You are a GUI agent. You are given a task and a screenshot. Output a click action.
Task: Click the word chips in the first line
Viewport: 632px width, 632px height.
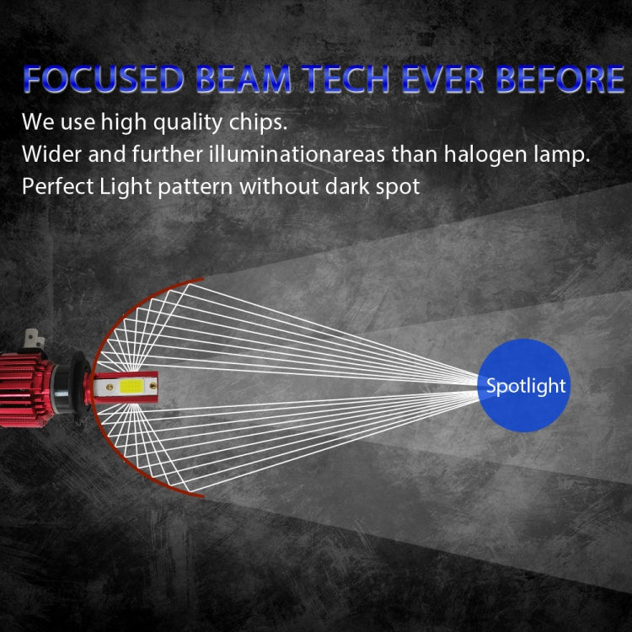256,122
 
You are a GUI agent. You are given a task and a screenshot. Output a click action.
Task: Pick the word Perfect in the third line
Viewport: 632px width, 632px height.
57,186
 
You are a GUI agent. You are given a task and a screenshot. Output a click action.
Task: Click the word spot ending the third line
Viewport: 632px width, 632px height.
397,186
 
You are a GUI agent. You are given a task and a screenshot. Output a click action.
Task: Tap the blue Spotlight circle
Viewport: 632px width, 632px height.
525,386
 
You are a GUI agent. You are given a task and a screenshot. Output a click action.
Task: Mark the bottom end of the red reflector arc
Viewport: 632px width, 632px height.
202,495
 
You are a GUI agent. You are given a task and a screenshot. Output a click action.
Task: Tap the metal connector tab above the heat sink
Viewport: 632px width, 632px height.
34,339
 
